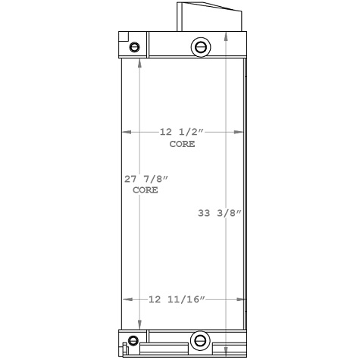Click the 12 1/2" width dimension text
[x=182, y=132]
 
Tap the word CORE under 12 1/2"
[x=182, y=143]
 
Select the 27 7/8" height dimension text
[x=146, y=180]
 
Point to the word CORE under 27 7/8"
[x=146, y=191]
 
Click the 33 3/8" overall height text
[x=219, y=213]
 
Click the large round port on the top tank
[x=200, y=47]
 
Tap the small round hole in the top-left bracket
[x=135, y=48]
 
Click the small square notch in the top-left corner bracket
[x=124, y=37]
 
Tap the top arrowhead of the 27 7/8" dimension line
[x=138, y=62]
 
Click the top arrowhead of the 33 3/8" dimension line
[x=229, y=36]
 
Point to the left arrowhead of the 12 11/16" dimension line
[x=127, y=300]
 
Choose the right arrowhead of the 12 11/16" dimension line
[x=243, y=300]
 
